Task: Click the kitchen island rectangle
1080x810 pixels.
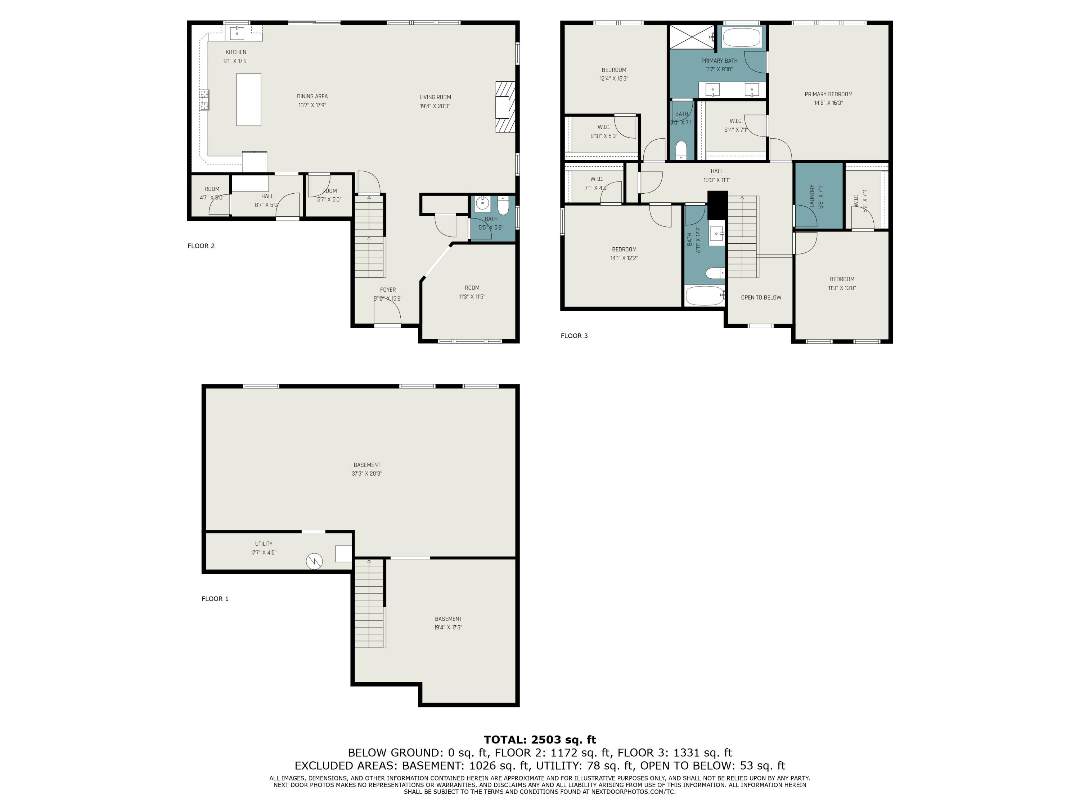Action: (x=248, y=100)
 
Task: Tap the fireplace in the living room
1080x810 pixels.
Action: (x=505, y=107)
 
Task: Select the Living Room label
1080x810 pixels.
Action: (x=435, y=97)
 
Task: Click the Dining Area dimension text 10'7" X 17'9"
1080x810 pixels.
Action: (x=312, y=105)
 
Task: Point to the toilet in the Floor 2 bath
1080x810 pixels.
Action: (x=503, y=205)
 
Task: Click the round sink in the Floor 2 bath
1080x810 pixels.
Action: (x=482, y=202)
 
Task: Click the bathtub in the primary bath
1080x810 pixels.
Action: (x=741, y=37)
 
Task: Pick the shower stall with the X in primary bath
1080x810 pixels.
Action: (x=691, y=37)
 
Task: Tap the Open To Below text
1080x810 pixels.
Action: (x=761, y=297)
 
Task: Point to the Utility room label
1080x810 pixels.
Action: (x=263, y=543)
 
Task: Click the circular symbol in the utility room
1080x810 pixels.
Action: (x=314, y=561)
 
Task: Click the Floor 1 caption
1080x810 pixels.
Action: (x=215, y=599)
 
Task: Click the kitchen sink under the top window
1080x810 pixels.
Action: (x=237, y=33)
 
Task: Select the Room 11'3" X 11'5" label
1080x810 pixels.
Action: (x=472, y=292)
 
